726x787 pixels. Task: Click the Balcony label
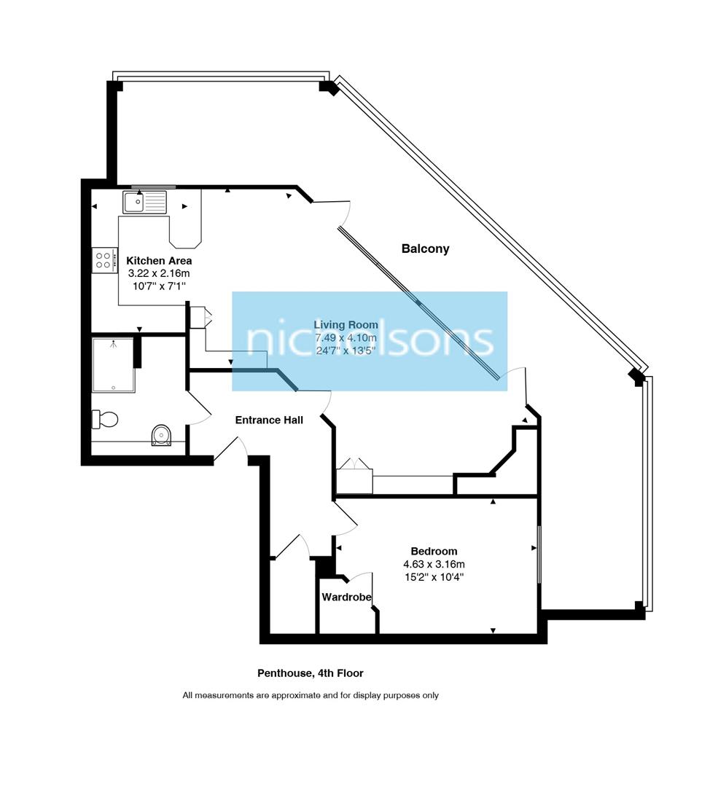[x=425, y=248]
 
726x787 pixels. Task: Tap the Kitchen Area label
[x=159, y=261]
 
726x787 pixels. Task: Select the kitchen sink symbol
[x=145, y=201]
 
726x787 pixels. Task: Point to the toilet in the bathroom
[x=105, y=419]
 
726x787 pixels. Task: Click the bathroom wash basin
[x=161, y=435]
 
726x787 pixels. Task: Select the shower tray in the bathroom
[x=113, y=364]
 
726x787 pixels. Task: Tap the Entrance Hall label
[x=269, y=420]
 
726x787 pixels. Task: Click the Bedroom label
[x=434, y=551]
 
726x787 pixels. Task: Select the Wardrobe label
[x=347, y=597]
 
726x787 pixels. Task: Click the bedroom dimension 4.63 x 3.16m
[x=434, y=564]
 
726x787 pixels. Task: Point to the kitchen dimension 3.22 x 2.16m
[x=159, y=273]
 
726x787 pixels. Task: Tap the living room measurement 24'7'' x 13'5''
[x=346, y=351]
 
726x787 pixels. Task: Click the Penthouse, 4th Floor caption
[x=310, y=673]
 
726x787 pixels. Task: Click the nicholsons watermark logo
[x=370, y=340]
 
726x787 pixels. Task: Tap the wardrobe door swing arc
[x=360, y=577]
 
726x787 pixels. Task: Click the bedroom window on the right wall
[x=539, y=553]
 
